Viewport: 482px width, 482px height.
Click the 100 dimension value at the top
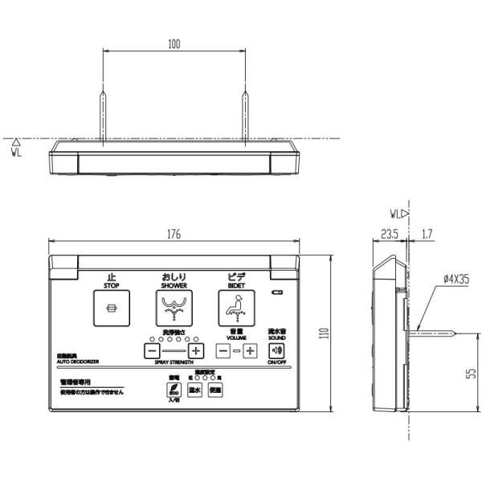[174, 44]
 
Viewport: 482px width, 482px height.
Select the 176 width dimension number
[174, 234]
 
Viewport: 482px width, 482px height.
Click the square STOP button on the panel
[112, 307]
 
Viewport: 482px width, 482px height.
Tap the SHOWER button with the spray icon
[174, 307]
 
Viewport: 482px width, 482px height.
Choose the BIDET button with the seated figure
[236, 307]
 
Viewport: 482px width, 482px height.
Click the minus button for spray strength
[152, 350]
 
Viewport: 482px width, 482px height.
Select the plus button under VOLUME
[250, 350]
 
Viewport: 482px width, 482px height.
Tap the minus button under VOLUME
[223, 350]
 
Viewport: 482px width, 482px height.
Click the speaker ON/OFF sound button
[276, 349]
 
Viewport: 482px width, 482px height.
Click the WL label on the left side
[17, 151]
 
